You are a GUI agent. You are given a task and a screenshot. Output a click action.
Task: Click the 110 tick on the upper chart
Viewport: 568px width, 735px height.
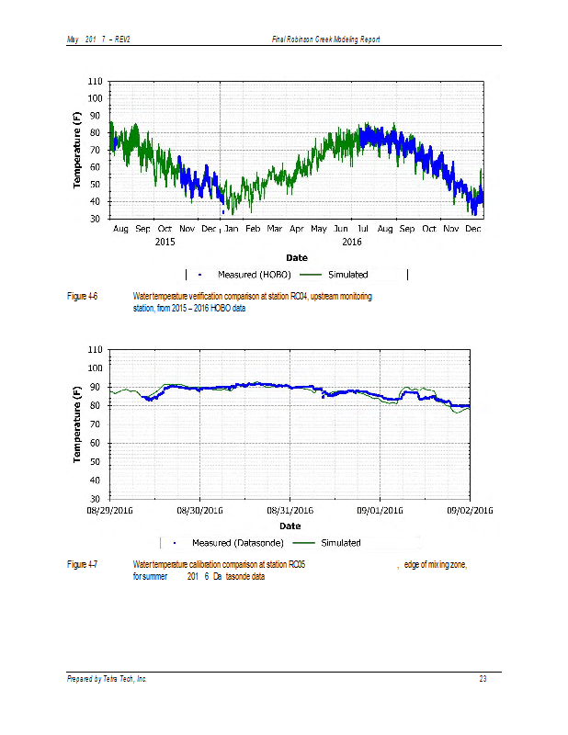95,82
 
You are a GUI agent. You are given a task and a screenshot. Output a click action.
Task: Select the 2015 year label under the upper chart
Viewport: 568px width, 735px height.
165,241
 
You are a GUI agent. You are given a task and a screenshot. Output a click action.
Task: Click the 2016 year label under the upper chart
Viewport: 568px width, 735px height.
352,241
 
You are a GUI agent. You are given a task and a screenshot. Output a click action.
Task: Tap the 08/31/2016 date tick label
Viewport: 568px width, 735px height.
290,510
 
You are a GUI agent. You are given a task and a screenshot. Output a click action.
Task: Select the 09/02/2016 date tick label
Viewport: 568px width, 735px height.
471,510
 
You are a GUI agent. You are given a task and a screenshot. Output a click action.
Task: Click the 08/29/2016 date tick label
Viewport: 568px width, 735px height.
110,510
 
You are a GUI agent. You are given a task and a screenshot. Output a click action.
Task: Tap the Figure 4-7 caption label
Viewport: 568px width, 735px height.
83,564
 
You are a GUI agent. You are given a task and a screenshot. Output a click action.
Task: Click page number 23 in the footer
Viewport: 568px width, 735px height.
482,679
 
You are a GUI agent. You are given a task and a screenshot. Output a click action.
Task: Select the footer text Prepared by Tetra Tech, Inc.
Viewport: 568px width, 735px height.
107,679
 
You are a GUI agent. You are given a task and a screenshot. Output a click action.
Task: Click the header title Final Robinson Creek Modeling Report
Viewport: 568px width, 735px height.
326,40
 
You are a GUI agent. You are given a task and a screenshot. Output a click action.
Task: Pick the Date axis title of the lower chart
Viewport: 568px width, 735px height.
290,526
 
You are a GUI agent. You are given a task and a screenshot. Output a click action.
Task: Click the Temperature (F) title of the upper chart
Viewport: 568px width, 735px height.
78,151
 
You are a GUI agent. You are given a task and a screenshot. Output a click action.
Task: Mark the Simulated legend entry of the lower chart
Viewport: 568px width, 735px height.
340,543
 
